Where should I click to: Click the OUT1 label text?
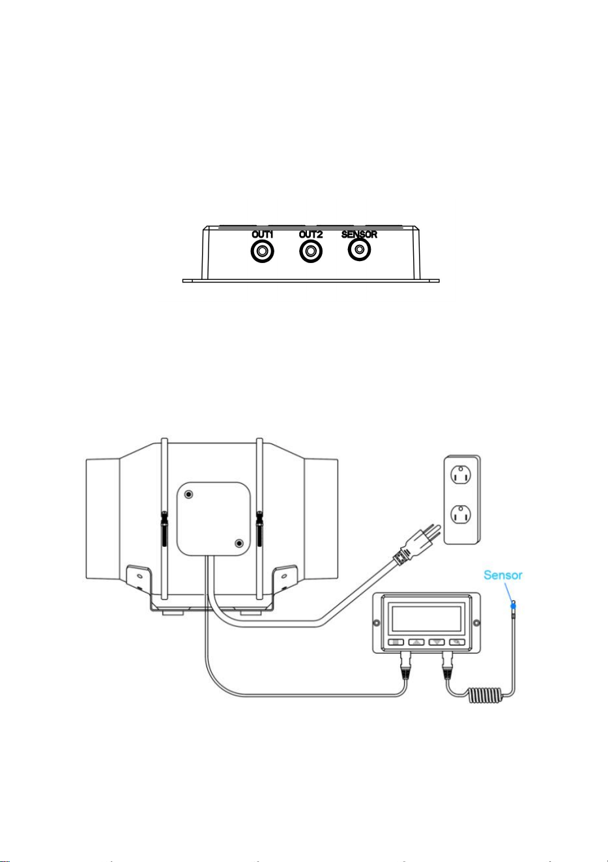tap(263, 234)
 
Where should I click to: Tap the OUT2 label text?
tap(311, 234)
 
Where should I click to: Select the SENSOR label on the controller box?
tap(359, 234)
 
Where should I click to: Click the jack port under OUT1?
tap(263, 252)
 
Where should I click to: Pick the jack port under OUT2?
tap(311, 252)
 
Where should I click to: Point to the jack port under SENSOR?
tap(359, 250)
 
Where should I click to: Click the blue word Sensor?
tap(503, 575)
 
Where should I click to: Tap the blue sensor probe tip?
tap(513, 605)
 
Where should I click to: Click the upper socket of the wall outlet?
tap(461, 475)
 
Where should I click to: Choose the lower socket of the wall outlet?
tap(461, 515)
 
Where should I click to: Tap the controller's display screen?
tap(426, 619)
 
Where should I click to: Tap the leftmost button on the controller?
tap(396, 642)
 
